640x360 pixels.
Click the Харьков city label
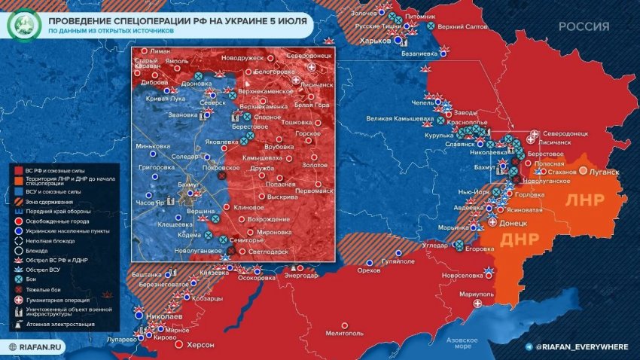click(x=376, y=41)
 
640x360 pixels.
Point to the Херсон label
click(x=199, y=345)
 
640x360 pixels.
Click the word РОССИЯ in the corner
click(x=584, y=26)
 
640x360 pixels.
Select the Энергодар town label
click(x=300, y=276)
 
